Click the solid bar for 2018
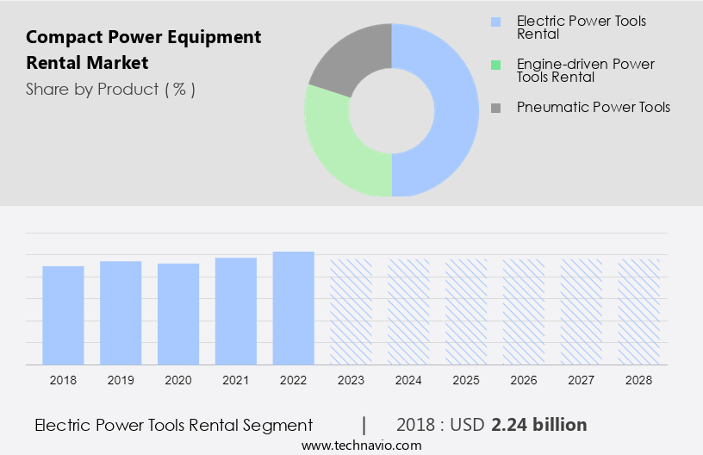coord(63,315)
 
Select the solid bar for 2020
coord(178,314)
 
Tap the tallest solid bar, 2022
coord(294,308)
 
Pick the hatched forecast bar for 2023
coord(351,311)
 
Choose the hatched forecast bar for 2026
coord(524,311)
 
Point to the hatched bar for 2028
coord(639,311)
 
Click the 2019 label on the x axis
coord(121,380)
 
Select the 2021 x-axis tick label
coord(236,380)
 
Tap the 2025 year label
coord(466,380)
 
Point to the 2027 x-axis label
coord(582,380)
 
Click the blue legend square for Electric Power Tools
coord(495,21)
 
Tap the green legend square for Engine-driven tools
coord(495,65)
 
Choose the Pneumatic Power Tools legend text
coord(593,108)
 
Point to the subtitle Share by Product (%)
coord(110,89)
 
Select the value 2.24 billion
coord(539,425)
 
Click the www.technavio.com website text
coord(362,446)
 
